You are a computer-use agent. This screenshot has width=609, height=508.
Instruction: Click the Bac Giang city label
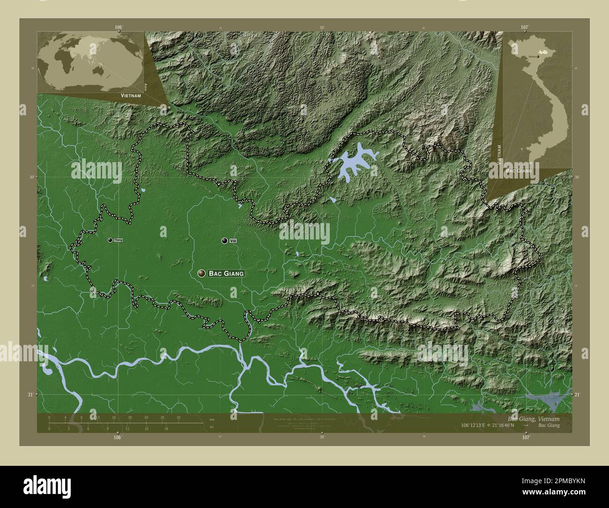[226, 273]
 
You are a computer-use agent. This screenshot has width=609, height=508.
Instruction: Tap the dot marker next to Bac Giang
[202, 273]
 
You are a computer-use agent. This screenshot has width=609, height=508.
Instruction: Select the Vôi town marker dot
[225, 240]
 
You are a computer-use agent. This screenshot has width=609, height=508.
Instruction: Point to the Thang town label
[118, 240]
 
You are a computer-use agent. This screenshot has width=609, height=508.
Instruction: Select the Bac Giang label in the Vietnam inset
[519, 171]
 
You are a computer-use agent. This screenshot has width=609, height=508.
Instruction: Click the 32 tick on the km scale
[178, 417]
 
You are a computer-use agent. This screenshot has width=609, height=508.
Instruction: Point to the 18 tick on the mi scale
[166, 428]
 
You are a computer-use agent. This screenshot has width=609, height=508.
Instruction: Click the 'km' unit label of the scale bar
[212, 418]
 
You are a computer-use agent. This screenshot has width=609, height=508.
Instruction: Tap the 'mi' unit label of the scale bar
[212, 427]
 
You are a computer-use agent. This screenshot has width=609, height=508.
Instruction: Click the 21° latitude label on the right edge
[577, 395]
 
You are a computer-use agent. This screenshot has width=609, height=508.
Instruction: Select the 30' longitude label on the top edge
[322, 28]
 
